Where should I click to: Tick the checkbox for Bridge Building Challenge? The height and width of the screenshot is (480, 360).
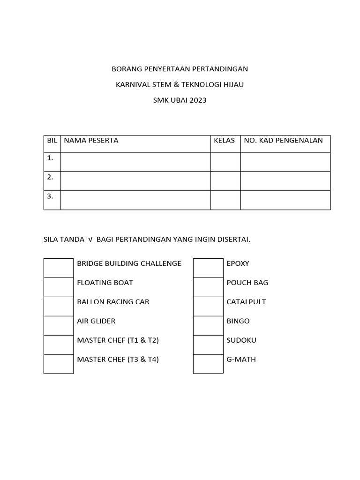coord(59,268)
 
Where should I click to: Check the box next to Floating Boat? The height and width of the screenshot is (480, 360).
coord(59,287)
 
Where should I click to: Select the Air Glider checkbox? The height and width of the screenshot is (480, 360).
coord(59,326)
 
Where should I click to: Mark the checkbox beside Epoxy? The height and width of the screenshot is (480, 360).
coord(208,268)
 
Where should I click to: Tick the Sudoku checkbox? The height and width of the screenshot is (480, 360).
coord(208,345)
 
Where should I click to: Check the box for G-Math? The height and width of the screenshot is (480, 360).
coord(208,364)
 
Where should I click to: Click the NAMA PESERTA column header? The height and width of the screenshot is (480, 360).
coord(91,141)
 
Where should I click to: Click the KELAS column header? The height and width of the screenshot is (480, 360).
coord(224,141)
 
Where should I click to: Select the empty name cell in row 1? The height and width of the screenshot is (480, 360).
coord(135,162)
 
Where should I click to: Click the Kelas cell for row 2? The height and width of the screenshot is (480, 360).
coord(225,181)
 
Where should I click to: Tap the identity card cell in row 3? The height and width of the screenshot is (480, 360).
coord(285,200)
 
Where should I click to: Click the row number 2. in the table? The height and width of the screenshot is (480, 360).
coord(50,177)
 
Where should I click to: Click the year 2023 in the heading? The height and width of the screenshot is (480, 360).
coord(198,100)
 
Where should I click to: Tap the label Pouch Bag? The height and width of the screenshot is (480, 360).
coord(247,283)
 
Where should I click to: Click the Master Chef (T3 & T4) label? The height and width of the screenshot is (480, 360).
coord(118,360)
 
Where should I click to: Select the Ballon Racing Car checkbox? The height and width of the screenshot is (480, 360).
coord(59,307)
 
